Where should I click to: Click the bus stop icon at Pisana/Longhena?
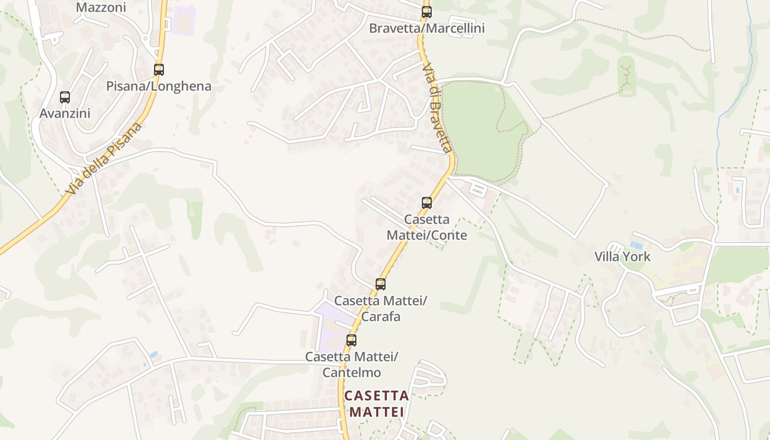[159, 70]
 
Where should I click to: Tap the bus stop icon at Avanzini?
[65, 97]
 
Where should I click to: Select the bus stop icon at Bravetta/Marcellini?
[426, 12]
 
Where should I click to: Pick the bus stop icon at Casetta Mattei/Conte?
[426, 202]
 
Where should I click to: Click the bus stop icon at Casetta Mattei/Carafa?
[380, 284]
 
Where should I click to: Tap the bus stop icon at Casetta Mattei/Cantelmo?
[351, 340]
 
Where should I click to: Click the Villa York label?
[622, 257]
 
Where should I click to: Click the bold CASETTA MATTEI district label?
[377, 404]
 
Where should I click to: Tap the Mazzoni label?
[101, 8]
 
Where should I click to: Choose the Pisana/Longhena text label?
[158, 86]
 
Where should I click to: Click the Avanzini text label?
[64, 113]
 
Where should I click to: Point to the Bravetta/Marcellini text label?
[427, 28]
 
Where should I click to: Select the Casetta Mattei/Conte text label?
[427, 227]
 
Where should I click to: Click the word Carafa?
[380, 317]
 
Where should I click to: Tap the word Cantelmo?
[351, 372]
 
